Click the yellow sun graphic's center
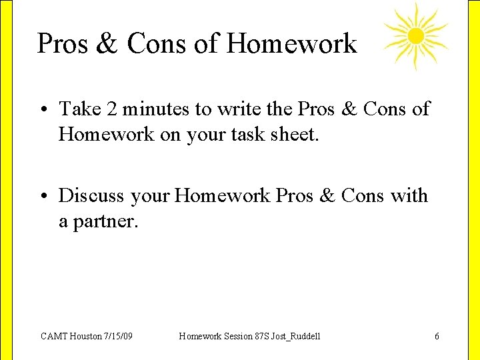415,35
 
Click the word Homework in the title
291,44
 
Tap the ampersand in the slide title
107,44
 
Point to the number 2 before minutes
114,109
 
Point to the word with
409,196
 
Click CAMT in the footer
53,336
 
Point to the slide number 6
437,336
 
